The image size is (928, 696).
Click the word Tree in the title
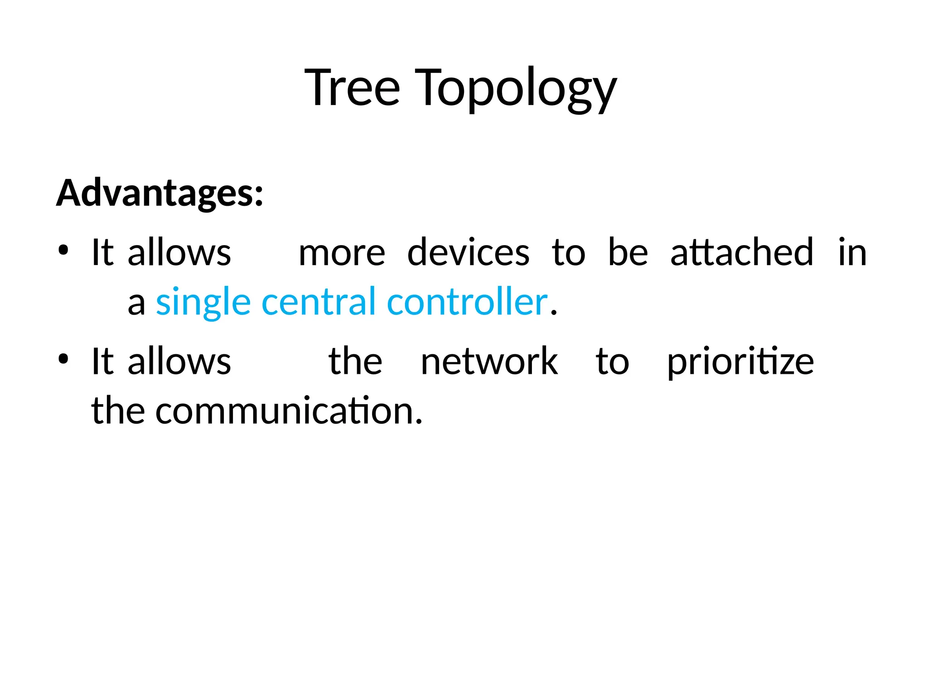pyautogui.click(x=353, y=87)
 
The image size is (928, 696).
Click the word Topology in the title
pyautogui.click(x=515, y=88)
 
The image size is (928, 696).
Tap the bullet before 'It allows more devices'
pyautogui.click(x=63, y=250)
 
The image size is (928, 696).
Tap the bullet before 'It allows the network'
pyautogui.click(x=63, y=359)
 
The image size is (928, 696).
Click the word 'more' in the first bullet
pyautogui.click(x=342, y=253)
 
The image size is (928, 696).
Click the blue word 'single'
pyautogui.click(x=203, y=303)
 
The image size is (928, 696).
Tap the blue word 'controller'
pyautogui.click(x=467, y=302)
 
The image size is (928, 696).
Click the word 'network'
pyautogui.click(x=489, y=362)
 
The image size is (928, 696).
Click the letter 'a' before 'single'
pyautogui.click(x=136, y=304)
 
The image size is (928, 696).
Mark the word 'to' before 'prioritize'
pyautogui.click(x=612, y=362)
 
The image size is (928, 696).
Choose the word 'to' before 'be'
pyautogui.click(x=569, y=253)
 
